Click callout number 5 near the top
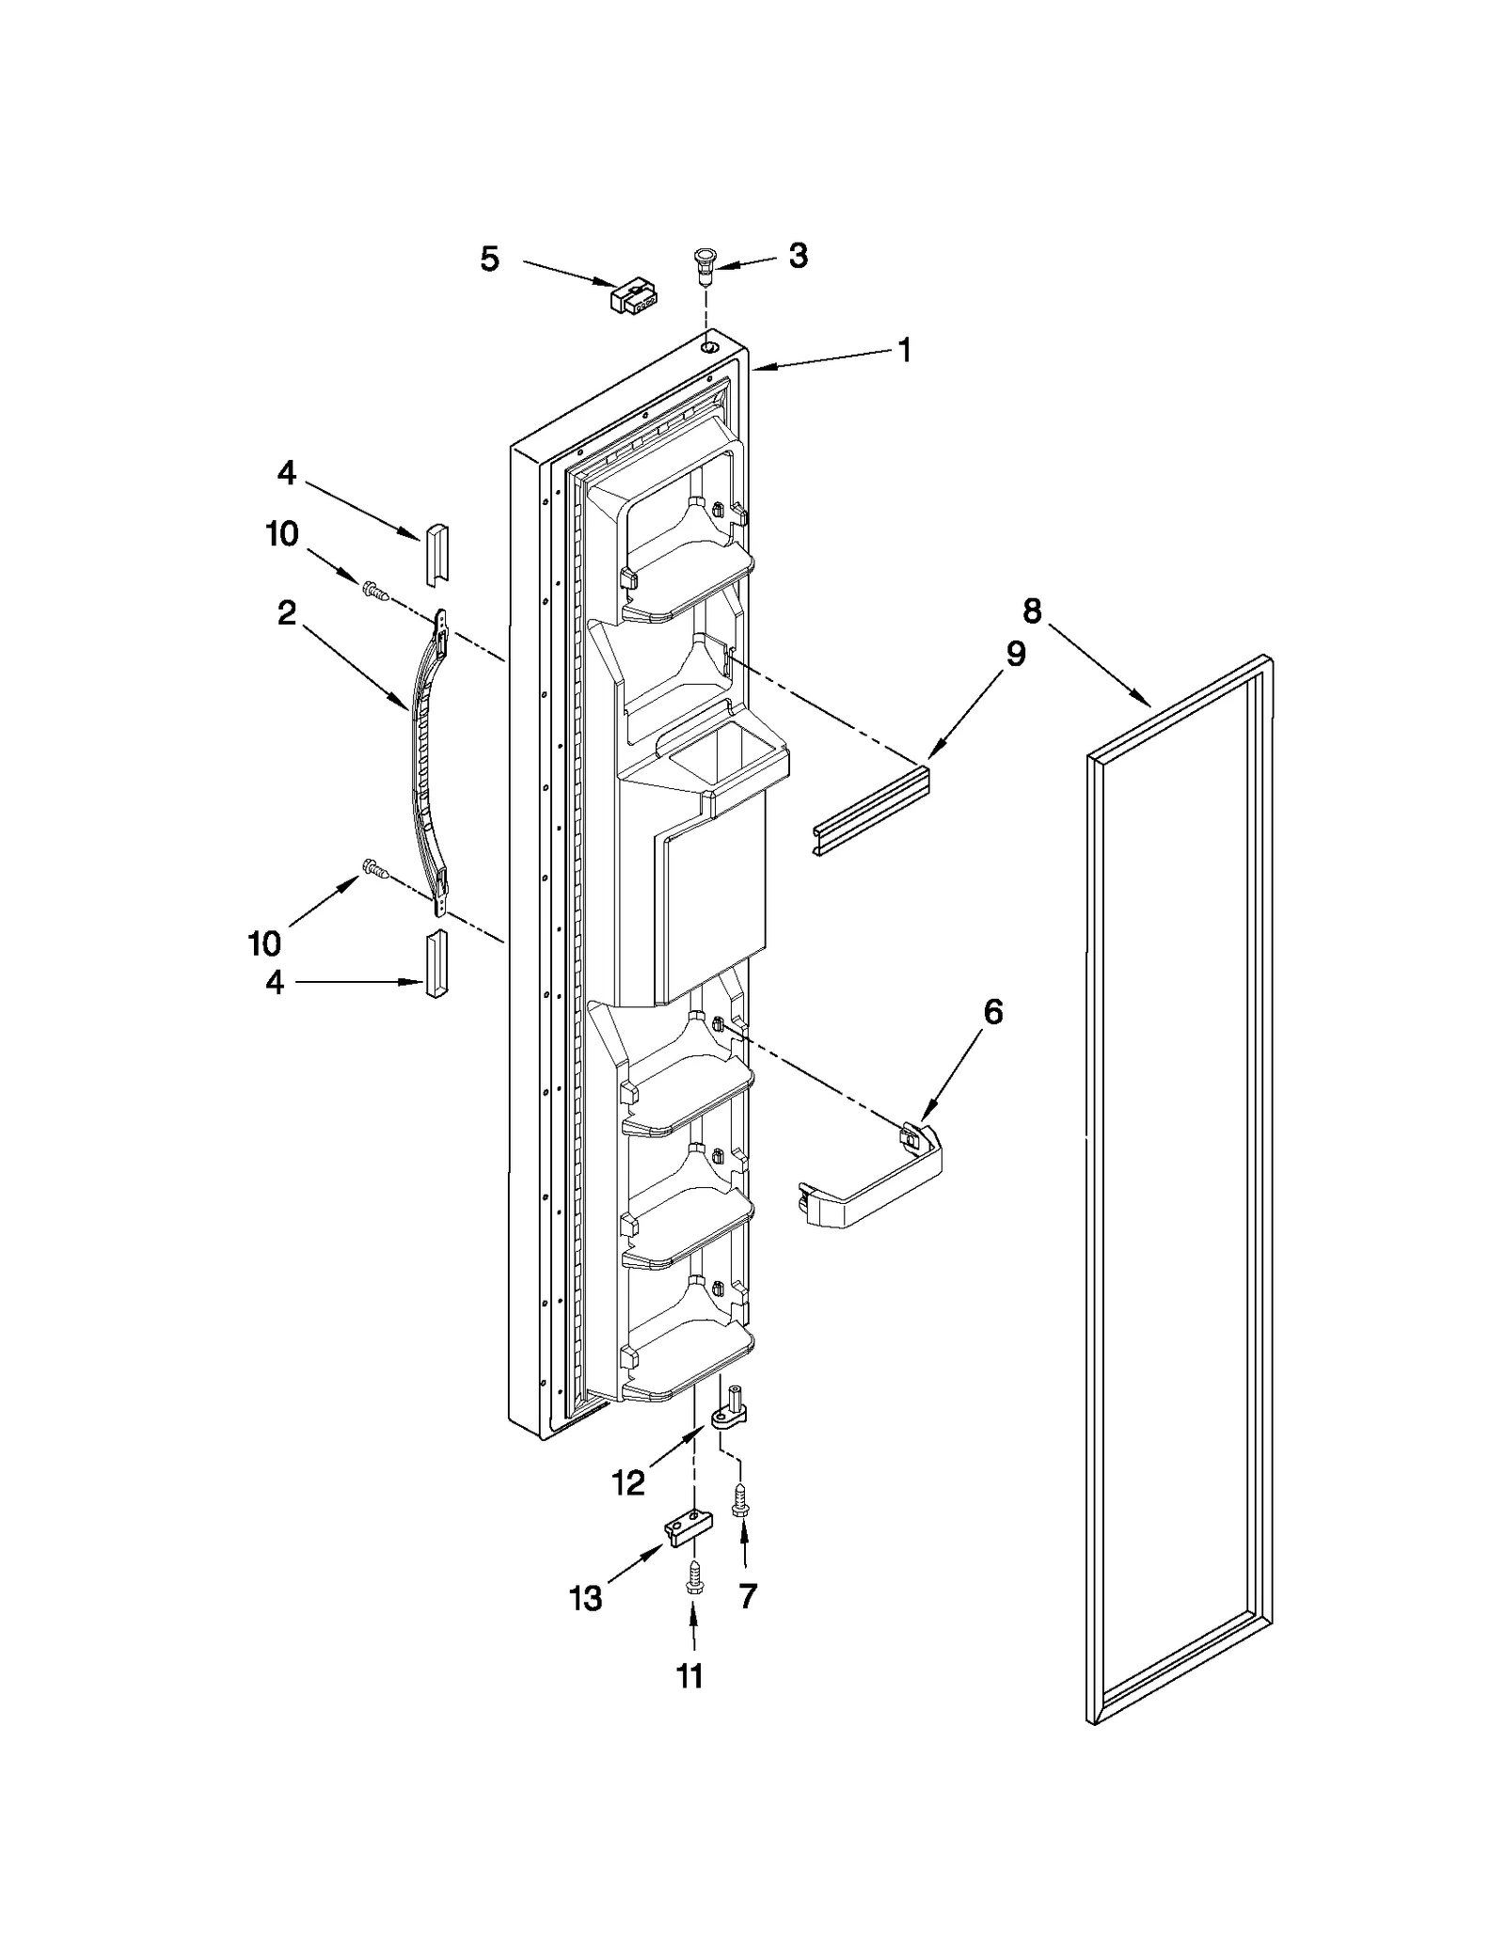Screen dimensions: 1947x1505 (489, 259)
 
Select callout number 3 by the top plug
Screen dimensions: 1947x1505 (798, 255)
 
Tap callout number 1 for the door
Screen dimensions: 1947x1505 (904, 351)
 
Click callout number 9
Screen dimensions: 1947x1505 (1015, 654)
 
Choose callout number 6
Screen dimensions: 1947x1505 (993, 1012)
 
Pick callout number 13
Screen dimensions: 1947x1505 (586, 1598)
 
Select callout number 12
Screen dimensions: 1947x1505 (627, 1483)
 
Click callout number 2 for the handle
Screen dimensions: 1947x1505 (287, 613)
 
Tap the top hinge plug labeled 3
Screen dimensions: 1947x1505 (705, 265)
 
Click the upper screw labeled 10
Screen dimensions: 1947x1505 (374, 592)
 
